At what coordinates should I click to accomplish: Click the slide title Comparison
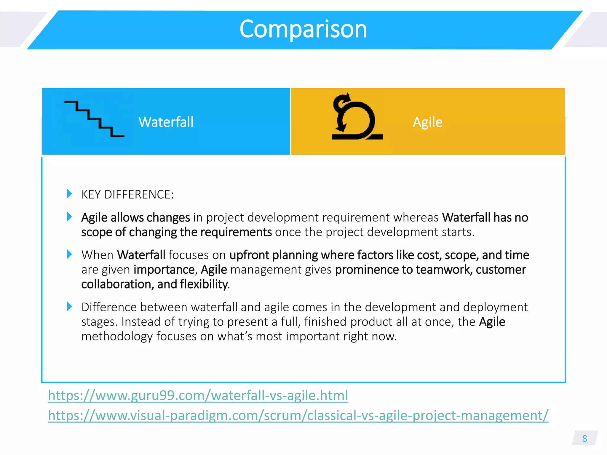(303, 29)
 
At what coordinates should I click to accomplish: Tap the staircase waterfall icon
(94, 119)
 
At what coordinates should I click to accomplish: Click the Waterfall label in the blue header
(166, 122)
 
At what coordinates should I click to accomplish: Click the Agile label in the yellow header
(427, 122)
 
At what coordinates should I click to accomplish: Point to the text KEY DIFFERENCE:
(127, 195)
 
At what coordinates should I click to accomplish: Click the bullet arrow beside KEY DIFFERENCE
(69, 194)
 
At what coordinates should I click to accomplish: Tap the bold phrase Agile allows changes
(135, 217)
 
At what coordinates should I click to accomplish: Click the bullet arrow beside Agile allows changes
(69, 217)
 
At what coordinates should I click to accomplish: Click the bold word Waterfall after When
(141, 255)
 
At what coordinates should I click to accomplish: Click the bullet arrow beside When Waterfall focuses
(69, 254)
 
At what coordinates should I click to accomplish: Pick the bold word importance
(164, 270)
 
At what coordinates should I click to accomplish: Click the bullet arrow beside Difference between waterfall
(69, 306)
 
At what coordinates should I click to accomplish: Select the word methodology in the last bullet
(117, 337)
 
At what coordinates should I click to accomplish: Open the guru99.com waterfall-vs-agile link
(198, 395)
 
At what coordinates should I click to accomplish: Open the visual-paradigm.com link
(298, 415)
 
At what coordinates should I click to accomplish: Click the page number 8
(584, 438)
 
